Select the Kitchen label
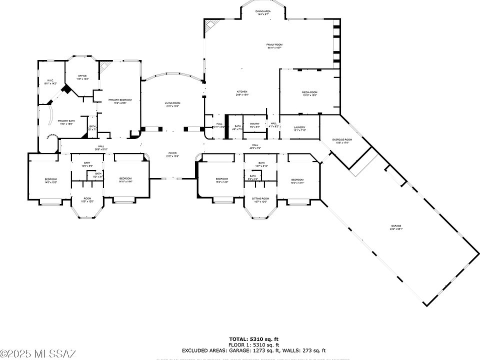pos(242,92)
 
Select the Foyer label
pos(172,154)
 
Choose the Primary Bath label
pos(66,122)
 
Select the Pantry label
pos(254,125)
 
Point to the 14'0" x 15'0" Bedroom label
pos(50,180)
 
